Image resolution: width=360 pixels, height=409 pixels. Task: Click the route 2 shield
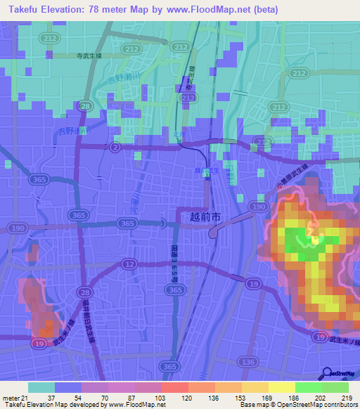click(x=114, y=146)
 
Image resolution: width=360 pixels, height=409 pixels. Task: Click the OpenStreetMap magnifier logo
click(x=328, y=374)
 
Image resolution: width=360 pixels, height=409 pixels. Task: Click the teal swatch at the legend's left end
click(x=41, y=387)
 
